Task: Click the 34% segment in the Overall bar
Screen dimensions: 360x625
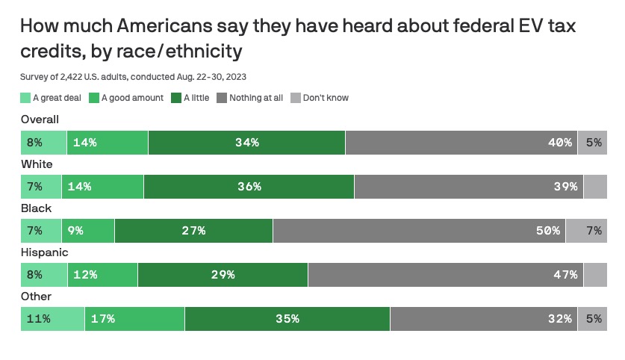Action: tap(246, 143)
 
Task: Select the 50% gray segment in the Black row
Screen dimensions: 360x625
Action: tap(419, 231)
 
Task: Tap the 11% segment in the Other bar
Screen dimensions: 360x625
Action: tap(52, 319)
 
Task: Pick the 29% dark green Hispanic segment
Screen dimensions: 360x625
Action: tap(223, 275)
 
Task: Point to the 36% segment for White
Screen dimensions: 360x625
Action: tap(249, 187)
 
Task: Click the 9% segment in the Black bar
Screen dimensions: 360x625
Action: tap(90, 231)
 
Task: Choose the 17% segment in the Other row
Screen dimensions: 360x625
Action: tap(134, 319)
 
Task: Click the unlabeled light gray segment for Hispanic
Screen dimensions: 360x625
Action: tap(595, 275)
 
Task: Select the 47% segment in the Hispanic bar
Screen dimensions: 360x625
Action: tap(445, 275)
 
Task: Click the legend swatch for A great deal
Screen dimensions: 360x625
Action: tap(25, 98)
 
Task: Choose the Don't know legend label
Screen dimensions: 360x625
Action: tap(326, 98)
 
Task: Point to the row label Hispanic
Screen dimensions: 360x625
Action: tap(44, 252)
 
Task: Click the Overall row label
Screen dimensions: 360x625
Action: tap(40, 120)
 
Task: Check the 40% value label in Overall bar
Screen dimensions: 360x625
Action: tap(559, 143)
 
